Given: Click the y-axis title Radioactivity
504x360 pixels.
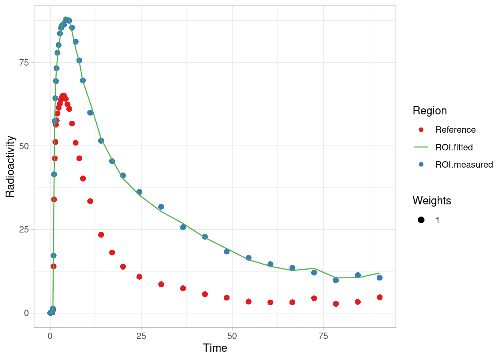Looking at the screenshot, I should (x=10, y=166).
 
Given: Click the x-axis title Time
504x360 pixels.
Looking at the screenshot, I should (x=215, y=348).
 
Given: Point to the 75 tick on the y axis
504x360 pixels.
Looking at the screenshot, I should (x=24, y=62).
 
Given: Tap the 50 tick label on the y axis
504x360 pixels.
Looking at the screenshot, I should (x=24, y=146).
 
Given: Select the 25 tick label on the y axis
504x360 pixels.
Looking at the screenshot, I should (x=24, y=229).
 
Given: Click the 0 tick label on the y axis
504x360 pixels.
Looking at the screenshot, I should (x=26, y=313).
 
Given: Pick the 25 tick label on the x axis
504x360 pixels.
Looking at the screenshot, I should (x=141, y=336).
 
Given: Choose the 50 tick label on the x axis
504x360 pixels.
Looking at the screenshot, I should (x=232, y=336).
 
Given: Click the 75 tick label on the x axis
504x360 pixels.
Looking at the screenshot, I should (x=323, y=336).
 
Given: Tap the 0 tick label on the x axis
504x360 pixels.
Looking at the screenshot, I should (x=50, y=336).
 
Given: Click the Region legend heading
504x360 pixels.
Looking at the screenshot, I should (x=429, y=111).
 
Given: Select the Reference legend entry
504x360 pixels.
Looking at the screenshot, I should (x=455, y=130).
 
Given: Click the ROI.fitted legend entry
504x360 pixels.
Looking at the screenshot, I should (x=454, y=147).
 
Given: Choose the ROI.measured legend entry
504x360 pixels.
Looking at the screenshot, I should (x=464, y=165).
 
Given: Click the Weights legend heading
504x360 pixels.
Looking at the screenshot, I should (x=432, y=201).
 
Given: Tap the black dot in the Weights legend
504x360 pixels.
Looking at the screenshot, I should (x=421, y=220).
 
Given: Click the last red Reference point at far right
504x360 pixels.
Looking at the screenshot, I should (x=379, y=297).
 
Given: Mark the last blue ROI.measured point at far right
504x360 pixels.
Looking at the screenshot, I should (x=379, y=277).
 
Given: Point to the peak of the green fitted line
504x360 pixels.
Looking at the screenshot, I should (x=65, y=17).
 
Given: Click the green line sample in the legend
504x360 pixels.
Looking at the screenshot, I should (x=421, y=147).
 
